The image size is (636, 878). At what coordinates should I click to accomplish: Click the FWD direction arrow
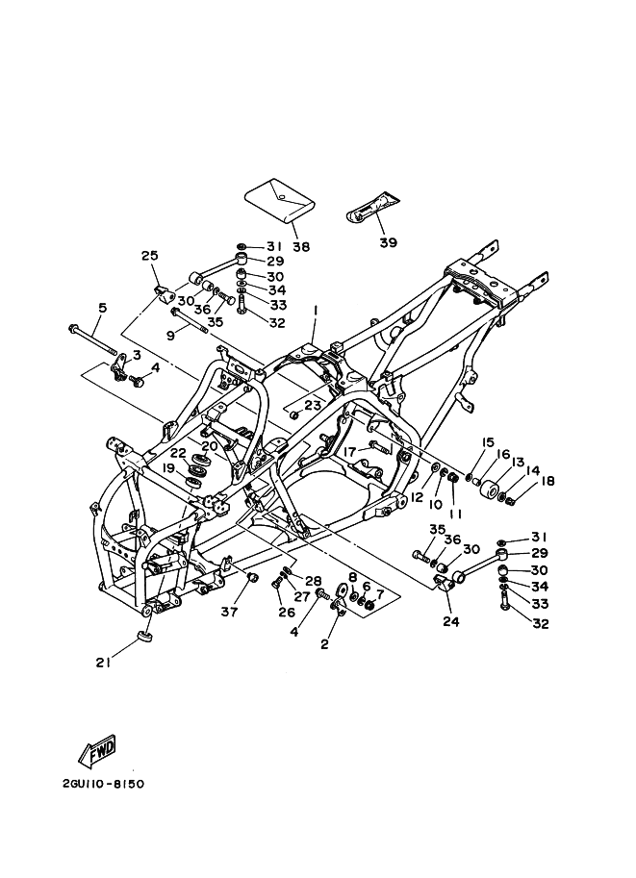pos(98,750)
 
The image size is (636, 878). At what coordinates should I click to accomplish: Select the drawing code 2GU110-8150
pos(102,784)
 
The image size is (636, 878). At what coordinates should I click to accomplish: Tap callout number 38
pos(301,246)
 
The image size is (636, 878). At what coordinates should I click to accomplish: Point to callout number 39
pos(388,242)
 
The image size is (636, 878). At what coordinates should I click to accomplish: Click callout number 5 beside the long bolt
pos(103,307)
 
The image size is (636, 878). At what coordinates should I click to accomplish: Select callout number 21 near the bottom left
pos(102,661)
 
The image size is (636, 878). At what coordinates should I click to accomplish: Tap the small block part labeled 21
pos(144,638)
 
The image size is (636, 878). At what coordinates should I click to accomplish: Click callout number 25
pos(149,255)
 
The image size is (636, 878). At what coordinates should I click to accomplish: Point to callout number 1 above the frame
pos(314,310)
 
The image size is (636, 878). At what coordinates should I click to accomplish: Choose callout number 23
pos(312,405)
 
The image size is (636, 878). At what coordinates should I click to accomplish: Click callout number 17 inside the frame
pos(349,450)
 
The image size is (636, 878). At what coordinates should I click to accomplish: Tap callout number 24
pos(450,620)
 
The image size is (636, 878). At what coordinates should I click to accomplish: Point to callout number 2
pos(324,643)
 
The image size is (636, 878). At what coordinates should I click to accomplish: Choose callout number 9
pos(170,336)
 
